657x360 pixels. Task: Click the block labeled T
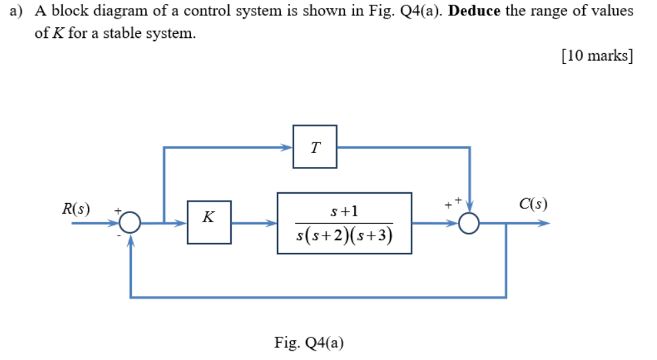(315, 146)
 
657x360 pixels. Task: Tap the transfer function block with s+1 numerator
(344, 223)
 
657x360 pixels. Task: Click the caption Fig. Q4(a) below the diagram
(309, 343)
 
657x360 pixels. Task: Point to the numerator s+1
(344, 211)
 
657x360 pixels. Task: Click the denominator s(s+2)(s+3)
(344, 235)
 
